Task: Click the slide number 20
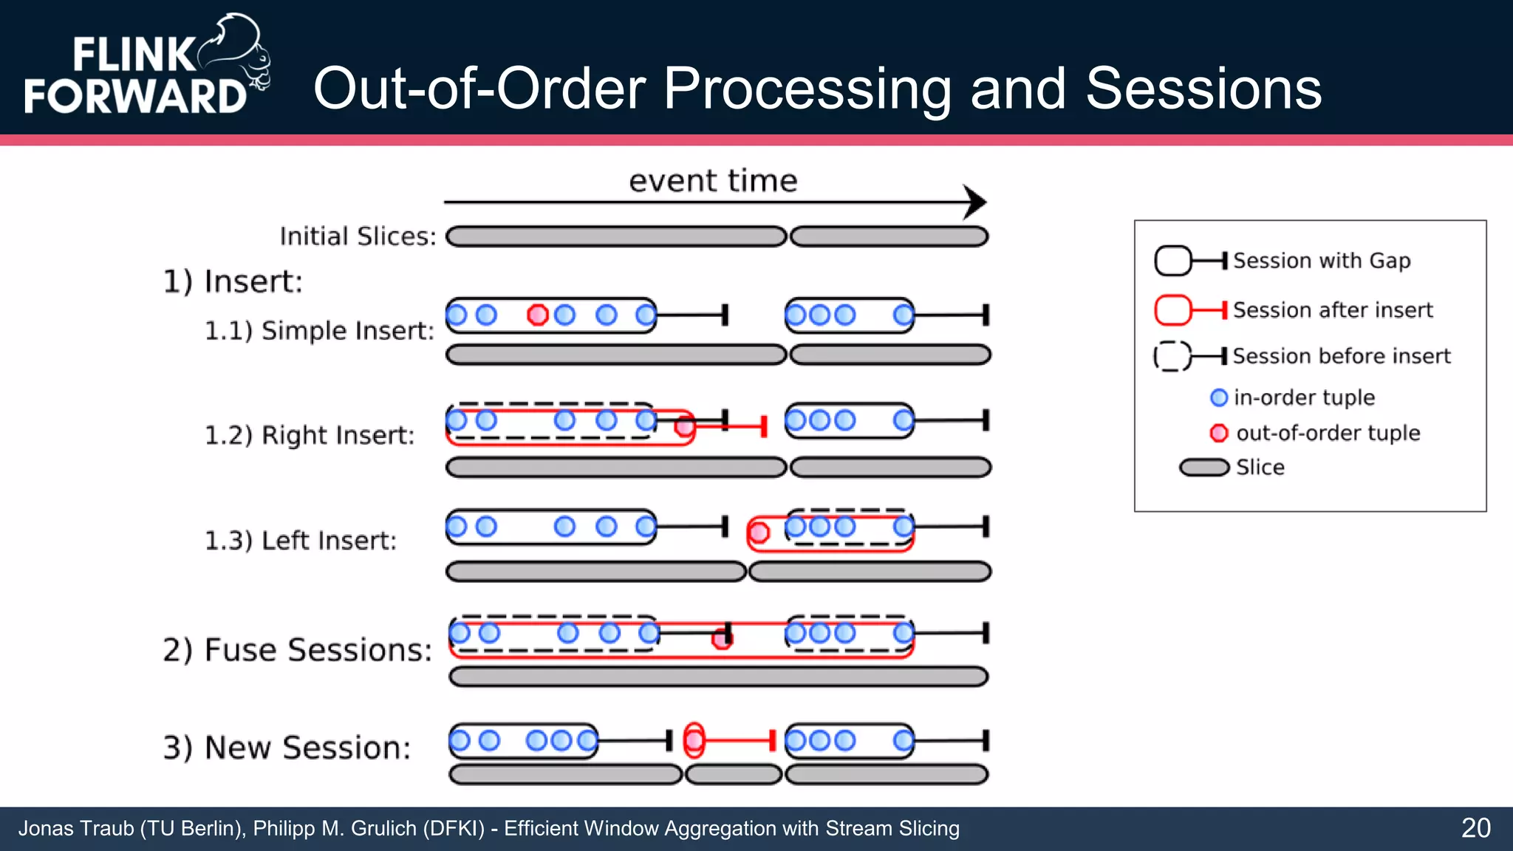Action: coord(1475,828)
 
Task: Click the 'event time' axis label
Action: coord(713,181)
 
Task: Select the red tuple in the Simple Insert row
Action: coord(538,315)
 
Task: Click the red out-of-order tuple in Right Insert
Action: coord(685,425)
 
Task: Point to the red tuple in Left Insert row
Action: coord(758,532)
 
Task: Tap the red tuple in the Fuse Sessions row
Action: coord(722,638)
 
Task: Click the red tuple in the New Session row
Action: coord(694,740)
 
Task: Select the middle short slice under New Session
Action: coord(733,775)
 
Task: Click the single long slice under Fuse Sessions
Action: coord(718,677)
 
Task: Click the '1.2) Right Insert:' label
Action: coord(310,435)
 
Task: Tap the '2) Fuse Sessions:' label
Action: coord(297,650)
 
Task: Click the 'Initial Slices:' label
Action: coord(358,236)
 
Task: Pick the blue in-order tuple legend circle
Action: coord(1219,397)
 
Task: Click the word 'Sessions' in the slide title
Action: coord(1203,89)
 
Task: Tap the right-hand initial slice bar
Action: coord(889,237)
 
